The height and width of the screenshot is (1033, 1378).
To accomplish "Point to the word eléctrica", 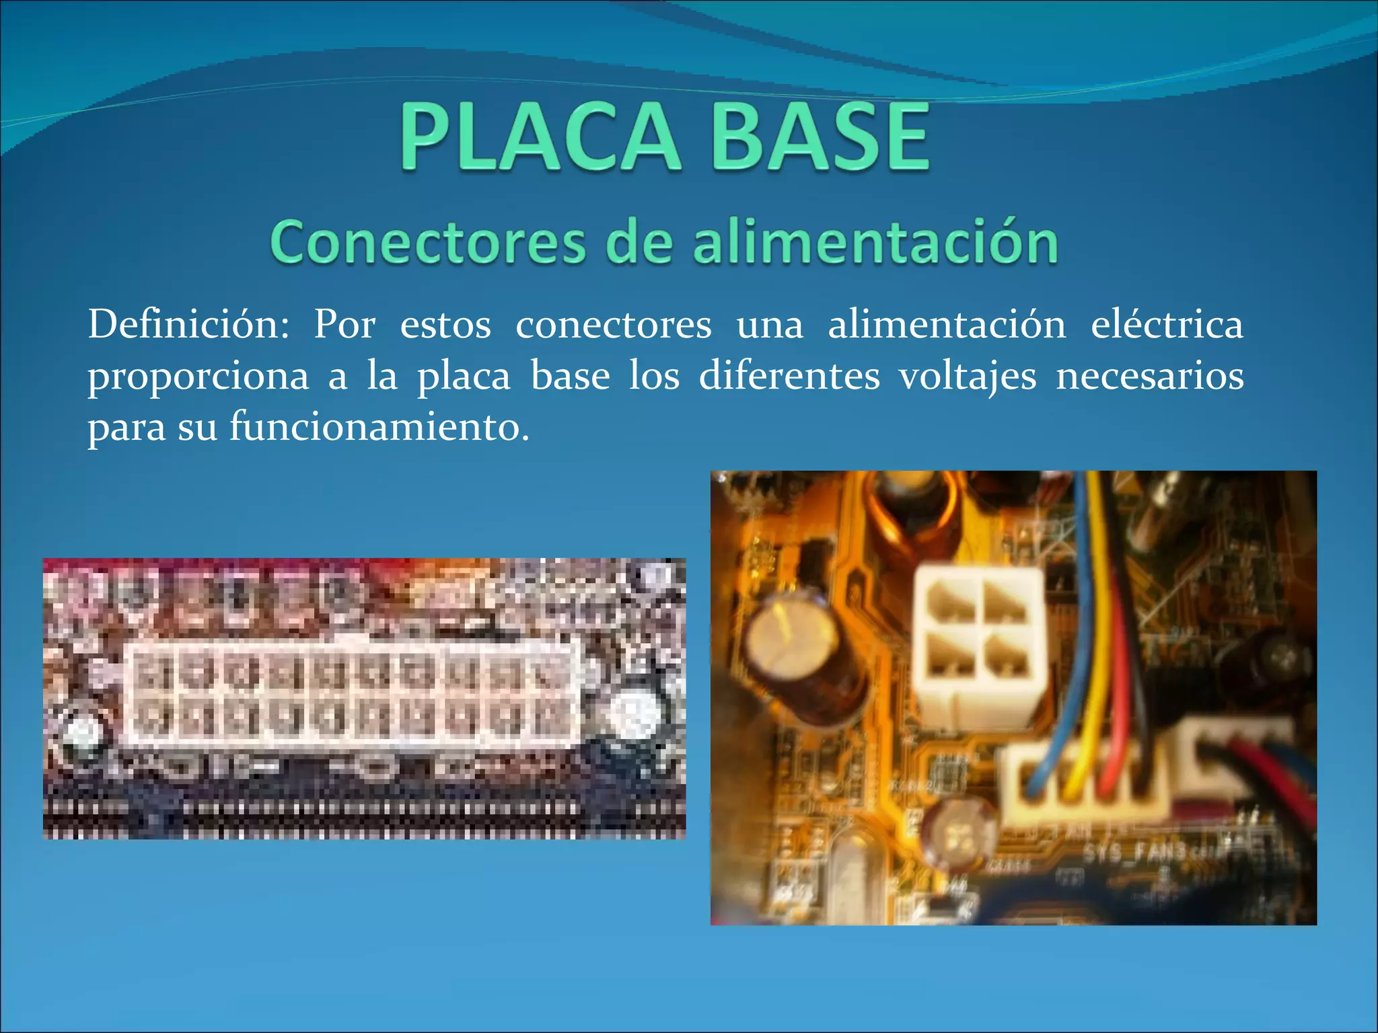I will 1166,325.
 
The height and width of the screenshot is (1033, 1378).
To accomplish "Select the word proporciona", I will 198,377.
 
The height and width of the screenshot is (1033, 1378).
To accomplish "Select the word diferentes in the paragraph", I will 789,375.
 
